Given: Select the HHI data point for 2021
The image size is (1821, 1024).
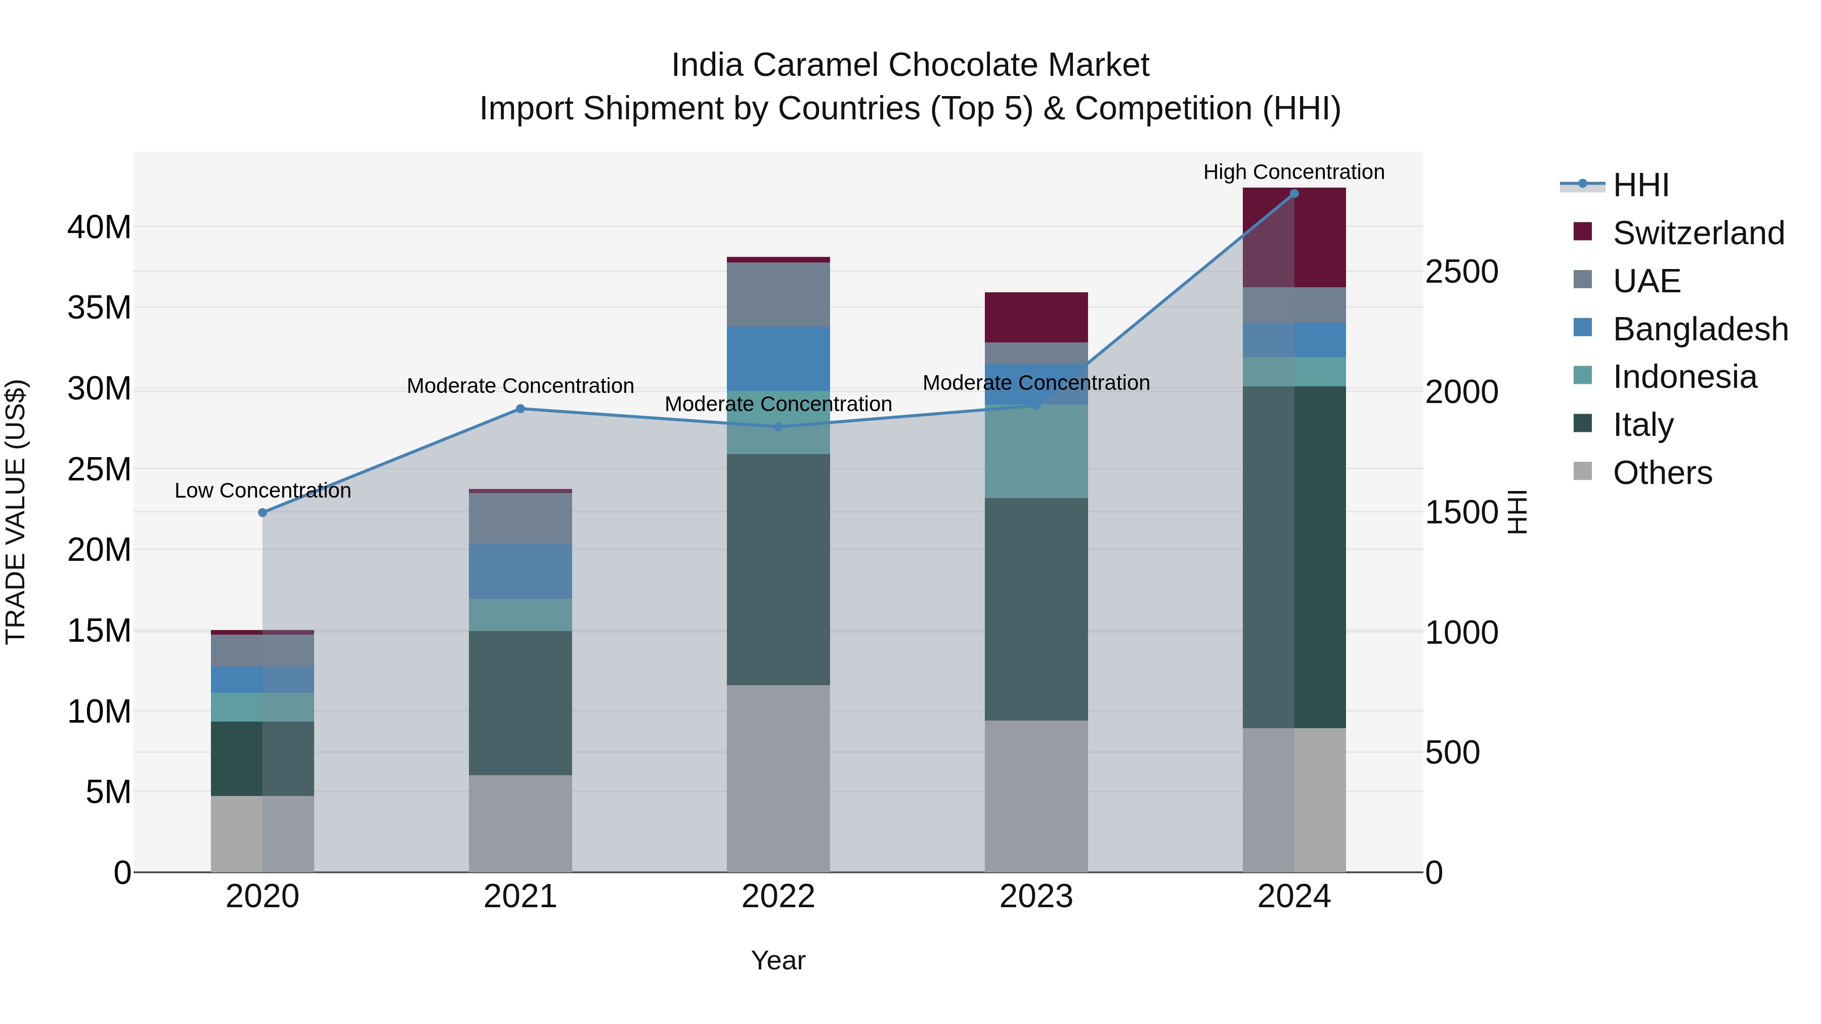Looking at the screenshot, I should [x=521, y=409].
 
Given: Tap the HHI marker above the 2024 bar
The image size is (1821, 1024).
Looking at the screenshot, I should [x=1294, y=193].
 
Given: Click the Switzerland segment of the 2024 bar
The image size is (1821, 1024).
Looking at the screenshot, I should [x=1294, y=238].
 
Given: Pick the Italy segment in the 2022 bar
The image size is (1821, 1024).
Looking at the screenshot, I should [x=778, y=569].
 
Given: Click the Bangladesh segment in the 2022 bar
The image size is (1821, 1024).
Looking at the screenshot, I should [x=778, y=359].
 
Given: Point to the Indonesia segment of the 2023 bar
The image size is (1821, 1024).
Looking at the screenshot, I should [x=1036, y=451].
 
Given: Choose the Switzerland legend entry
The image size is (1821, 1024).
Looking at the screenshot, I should [x=1698, y=233].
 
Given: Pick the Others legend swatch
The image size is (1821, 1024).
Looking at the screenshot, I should [x=1583, y=471].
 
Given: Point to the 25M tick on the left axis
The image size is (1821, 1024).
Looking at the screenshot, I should [x=99, y=469].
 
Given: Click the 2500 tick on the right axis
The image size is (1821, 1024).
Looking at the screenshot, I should [x=1461, y=272].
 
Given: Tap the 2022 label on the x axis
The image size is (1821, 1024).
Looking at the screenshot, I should [x=778, y=897].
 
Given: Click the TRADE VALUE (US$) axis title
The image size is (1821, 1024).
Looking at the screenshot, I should [x=16, y=512].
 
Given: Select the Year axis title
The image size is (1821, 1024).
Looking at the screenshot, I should [x=778, y=960].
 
